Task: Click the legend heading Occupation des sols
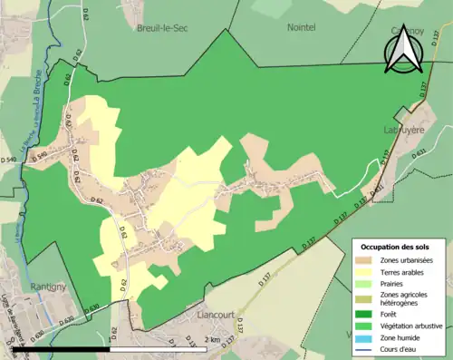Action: click(395, 247)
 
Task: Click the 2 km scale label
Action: click(212, 340)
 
